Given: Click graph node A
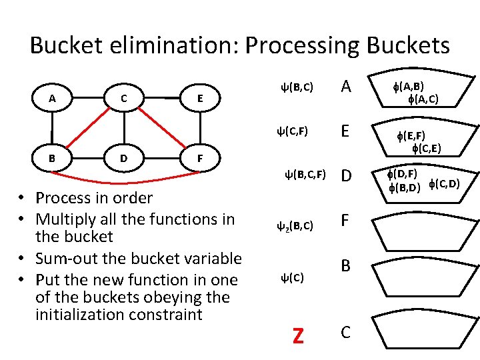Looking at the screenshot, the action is pyautogui.click(x=53, y=98).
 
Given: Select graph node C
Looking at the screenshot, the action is pyautogui.click(x=124, y=98).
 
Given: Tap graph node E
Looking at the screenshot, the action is pyautogui.click(x=200, y=98).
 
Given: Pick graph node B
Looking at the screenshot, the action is pyautogui.click(x=53, y=158).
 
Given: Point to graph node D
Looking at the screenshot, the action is pyautogui.click(x=124, y=158).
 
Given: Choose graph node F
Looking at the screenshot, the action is pyautogui.click(x=200, y=158).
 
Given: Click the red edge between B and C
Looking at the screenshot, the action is pyautogui.click(x=88, y=127).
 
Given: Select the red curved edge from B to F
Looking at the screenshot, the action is pyautogui.click(x=125, y=183).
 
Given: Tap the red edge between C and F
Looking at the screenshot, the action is pyautogui.click(x=162, y=127).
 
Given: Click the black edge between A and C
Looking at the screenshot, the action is pyautogui.click(x=88, y=98).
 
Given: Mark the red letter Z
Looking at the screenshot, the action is pyautogui.click(x=298, y=335).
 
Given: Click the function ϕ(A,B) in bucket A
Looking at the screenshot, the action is pyautogui.click(x=409, y=87).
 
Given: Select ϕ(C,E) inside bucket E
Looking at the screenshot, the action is pyautogui.click(x=427, y=149).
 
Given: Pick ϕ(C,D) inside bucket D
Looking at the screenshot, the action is pyautogui.click(x=445, y=184).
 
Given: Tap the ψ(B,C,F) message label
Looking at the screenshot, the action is pyautogui.click(x=305, y=175).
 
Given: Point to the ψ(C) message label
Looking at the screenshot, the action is pyautogui.click(x=293, y=277).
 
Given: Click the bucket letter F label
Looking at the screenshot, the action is pyautogui.click(x=345, y=220).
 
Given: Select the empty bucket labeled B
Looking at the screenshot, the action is pyautogui.click(x=425, y=277).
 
